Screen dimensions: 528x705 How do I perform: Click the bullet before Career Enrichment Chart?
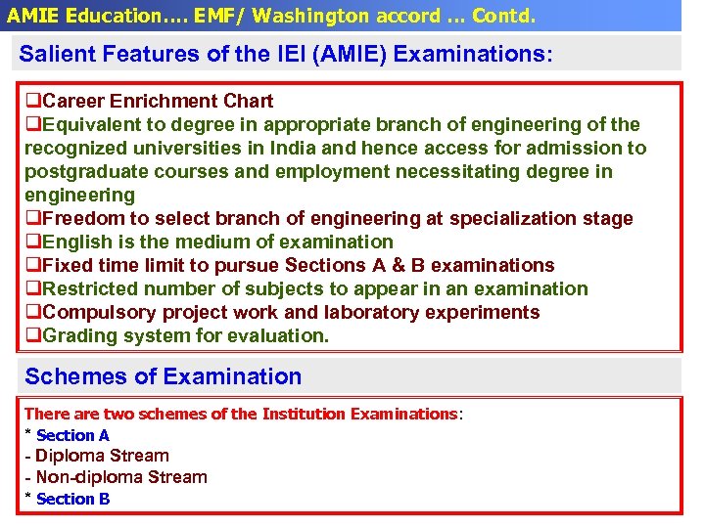pyautogui.click(x=32, y=101)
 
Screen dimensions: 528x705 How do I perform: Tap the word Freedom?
pyautogui.click(x=83, y=218)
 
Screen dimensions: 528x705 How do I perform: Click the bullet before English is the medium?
pyautogui.click(x=32, y=242)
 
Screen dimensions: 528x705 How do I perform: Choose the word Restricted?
pyautogui.click(x=91, y=288)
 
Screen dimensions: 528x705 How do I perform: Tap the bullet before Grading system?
pyautogui.click(x=32, y=335)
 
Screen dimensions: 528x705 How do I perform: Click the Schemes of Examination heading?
pyautogui.click(x=163, y=376)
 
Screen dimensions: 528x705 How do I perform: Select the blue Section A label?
pyautogui.click(x=72, y=435)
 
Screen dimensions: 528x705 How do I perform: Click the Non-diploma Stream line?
pyautogui.click(x=121, y=477)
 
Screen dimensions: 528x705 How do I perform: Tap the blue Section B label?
pyautogui.click(x=72, y=499)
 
